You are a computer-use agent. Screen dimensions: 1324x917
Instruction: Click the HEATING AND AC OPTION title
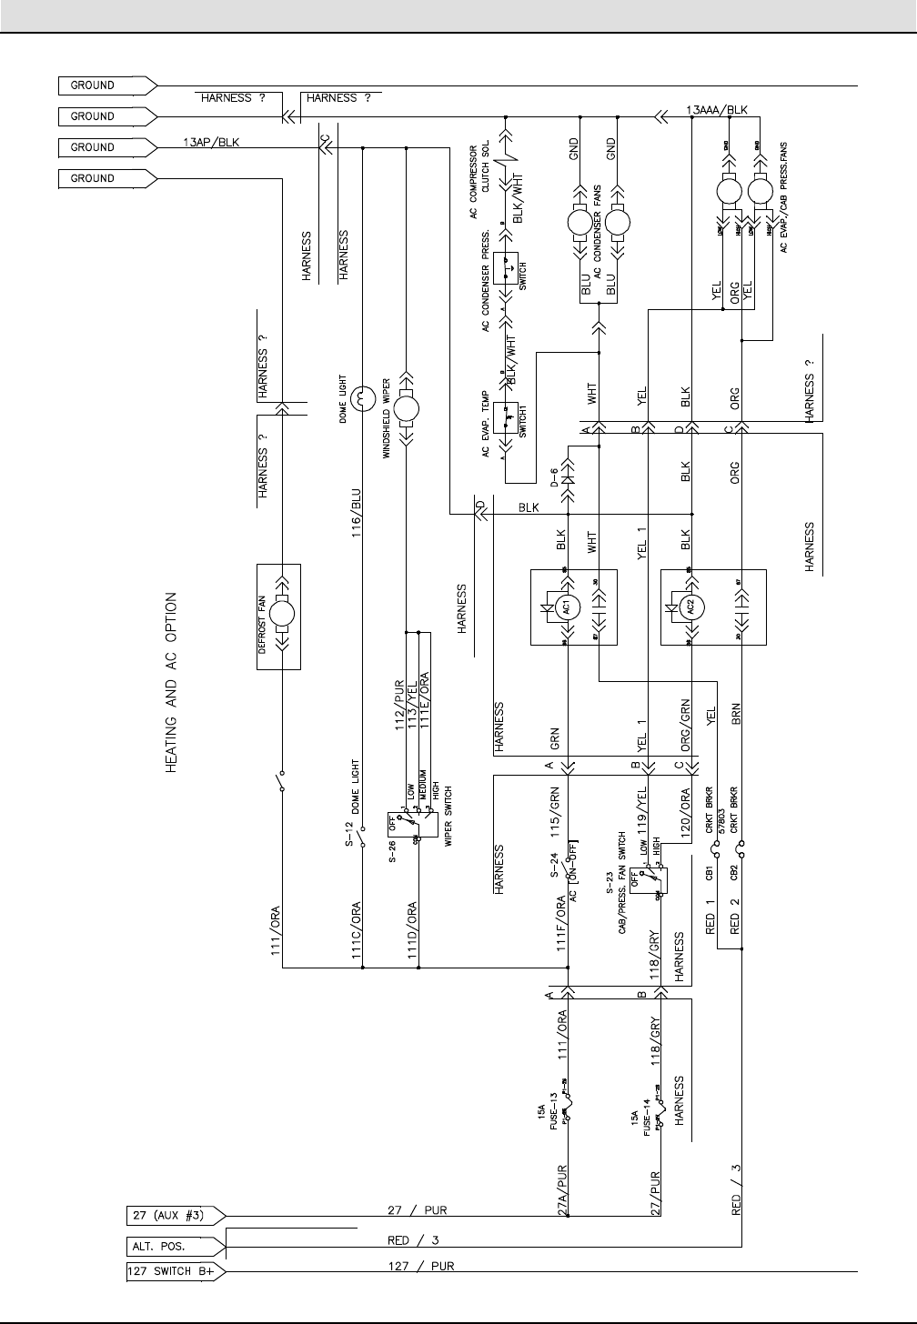tap(171, 683)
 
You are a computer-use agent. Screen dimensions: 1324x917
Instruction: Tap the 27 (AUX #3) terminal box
tap(173, 1215)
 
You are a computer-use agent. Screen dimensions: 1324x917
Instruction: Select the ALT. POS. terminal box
tap(173, 1246)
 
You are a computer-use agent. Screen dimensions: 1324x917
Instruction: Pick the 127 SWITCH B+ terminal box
tap(173, 1272)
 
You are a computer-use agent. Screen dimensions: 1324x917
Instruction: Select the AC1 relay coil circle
tap(566, 607)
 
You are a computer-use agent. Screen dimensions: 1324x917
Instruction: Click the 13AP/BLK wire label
tap(211, 142)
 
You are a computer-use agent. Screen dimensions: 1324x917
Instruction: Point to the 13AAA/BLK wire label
tap(716, 110)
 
